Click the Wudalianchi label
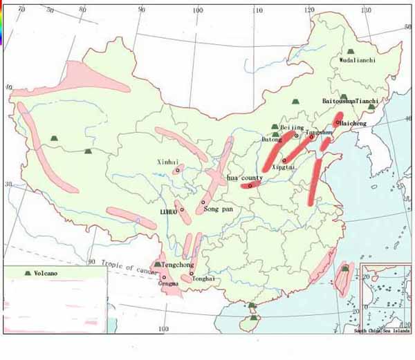click(358, 60)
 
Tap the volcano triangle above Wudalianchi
click(351, 51)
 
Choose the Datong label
click(272, 140)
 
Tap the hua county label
click(245, 178)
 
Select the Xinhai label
click(169, 161)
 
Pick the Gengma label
click(168, 283)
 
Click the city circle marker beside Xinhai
click(178, 170)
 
